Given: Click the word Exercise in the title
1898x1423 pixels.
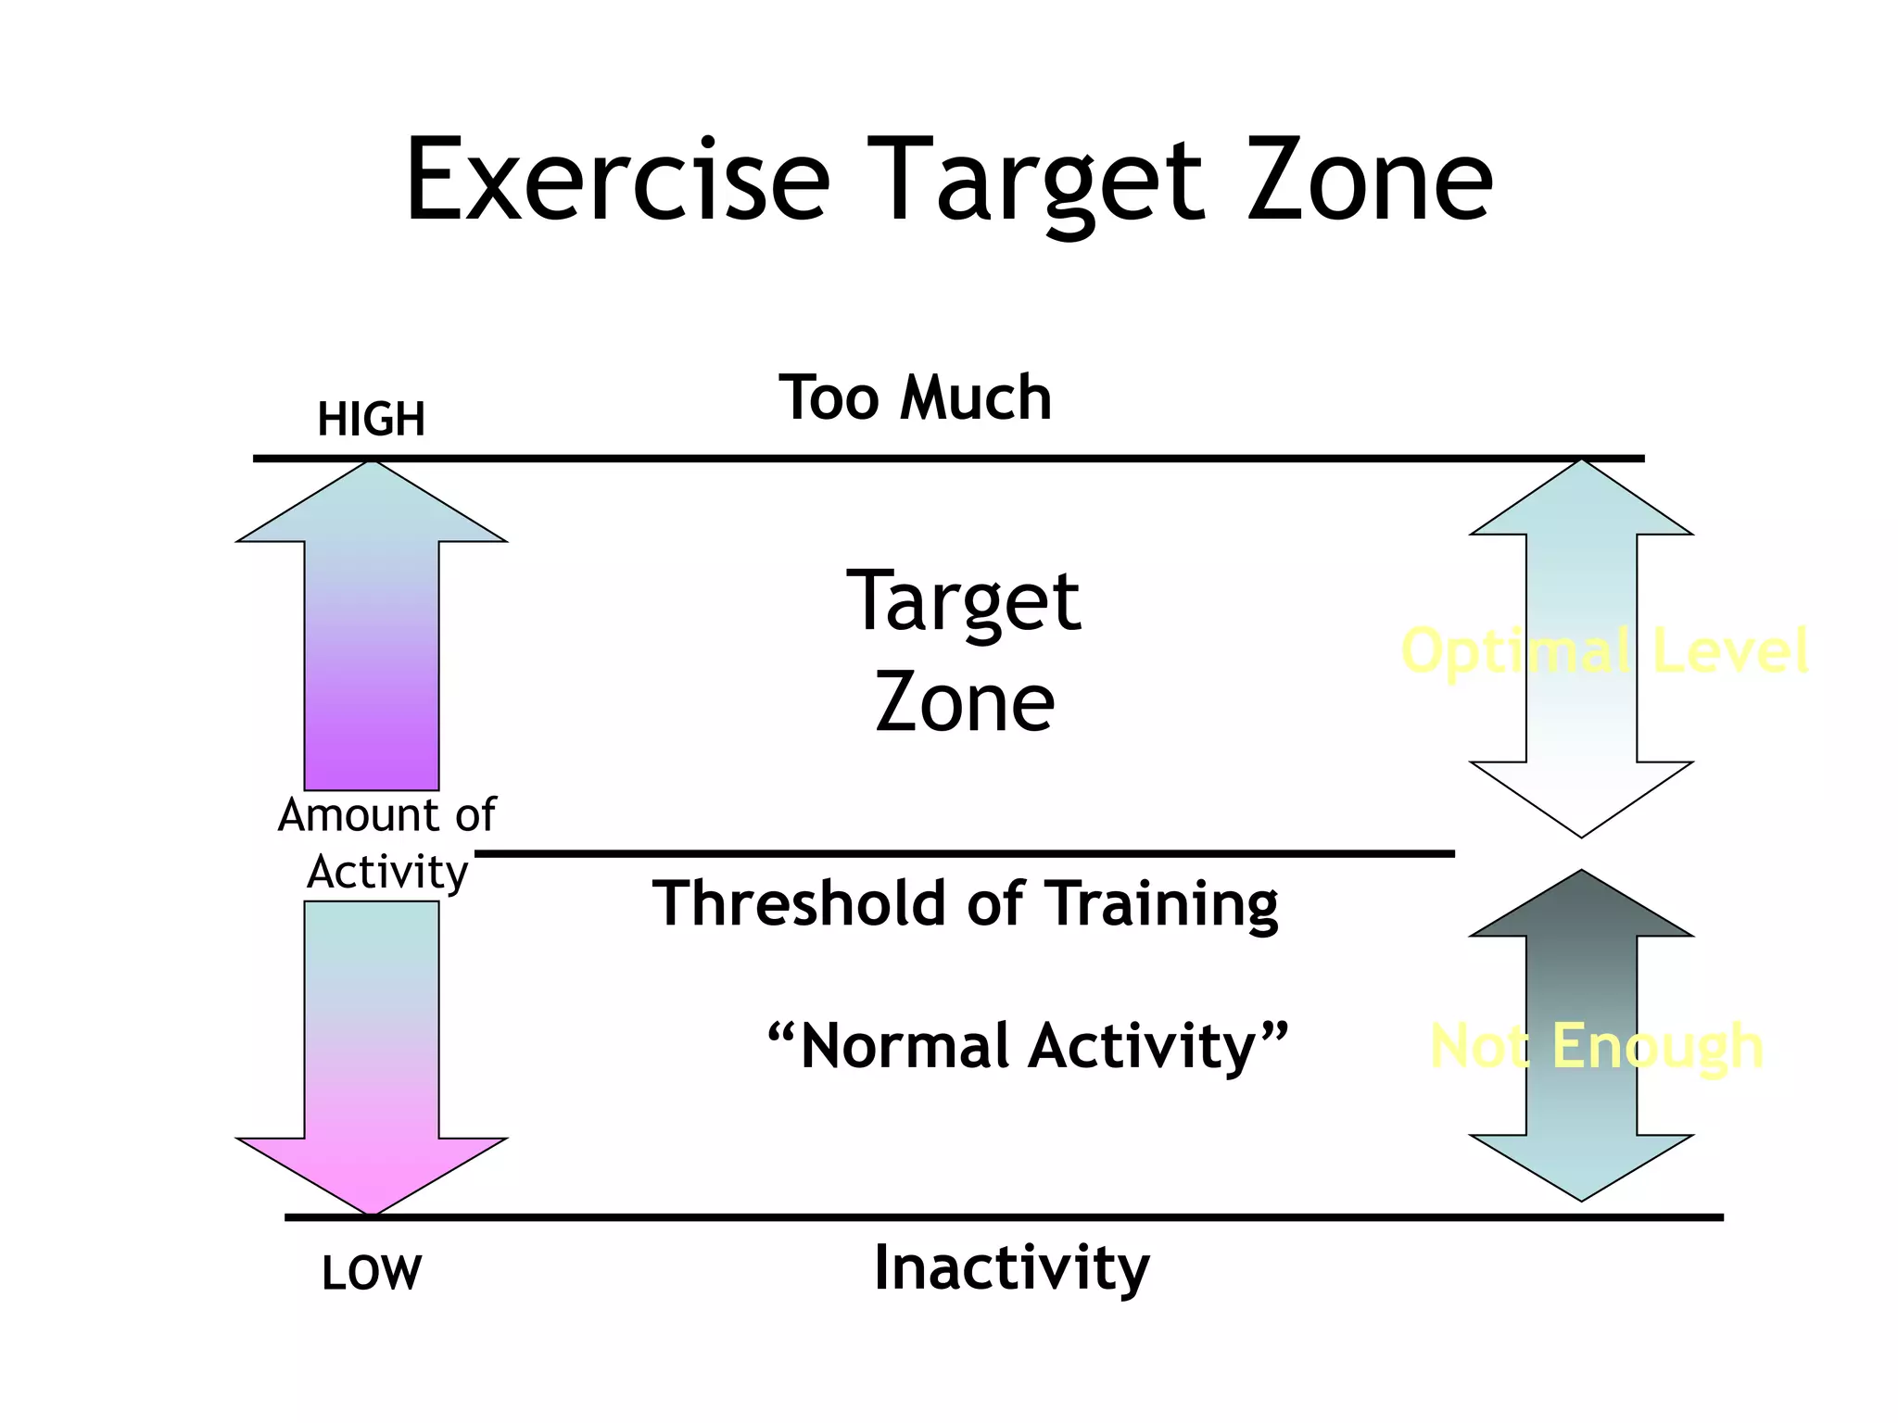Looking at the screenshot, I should tap(617, 181).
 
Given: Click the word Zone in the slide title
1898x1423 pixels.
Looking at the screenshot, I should tap(1370, 181).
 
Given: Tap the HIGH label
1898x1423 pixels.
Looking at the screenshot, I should tap(372, 420).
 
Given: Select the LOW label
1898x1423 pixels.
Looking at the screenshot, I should tap(372, 1273).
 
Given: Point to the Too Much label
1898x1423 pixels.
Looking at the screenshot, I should tap(915, 398).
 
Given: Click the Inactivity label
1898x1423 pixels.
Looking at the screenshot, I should tap(1011, 1268).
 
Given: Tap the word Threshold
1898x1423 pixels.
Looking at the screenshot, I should tap(800, 903).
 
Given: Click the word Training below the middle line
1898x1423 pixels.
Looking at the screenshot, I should tap(1165, 905).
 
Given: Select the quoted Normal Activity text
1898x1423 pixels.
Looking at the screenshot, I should tap(1028, 1047).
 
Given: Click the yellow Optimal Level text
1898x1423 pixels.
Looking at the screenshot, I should tap(1604, 650).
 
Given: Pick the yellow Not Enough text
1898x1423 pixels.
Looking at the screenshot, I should tap(1596, 1047).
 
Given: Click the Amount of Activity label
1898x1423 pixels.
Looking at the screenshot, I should tap(386, 843).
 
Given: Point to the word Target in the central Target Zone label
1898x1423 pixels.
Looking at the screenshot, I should tap(964, 602).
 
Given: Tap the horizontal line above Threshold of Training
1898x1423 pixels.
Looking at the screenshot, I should tap(964, 853).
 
